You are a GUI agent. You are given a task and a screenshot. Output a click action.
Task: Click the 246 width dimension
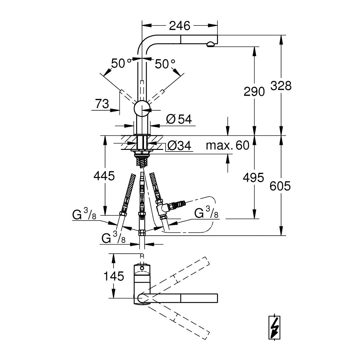tap(180, 26)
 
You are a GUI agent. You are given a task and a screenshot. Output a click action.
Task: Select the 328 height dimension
tap(281, 86)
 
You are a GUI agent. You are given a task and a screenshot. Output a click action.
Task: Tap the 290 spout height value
tap(254, 92)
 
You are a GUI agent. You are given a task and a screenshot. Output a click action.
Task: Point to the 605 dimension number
tap(280, 186)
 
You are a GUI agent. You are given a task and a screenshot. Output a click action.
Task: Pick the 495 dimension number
tap(253, 177)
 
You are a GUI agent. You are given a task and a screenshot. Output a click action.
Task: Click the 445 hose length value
tap(104, 176)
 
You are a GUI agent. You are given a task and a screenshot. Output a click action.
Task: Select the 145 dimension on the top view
tap(114, 276)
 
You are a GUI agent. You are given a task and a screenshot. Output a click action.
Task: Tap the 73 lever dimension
tap(102, 104)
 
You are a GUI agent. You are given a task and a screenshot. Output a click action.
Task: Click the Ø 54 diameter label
tap(179, 119)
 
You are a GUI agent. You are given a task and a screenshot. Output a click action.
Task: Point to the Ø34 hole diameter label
tap(179, 145)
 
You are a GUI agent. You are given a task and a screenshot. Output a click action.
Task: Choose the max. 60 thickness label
tap(227, 145)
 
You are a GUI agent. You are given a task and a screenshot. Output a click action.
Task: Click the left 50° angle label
tap(121, 63)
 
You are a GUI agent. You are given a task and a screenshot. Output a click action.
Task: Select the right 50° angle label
tap(165, 63)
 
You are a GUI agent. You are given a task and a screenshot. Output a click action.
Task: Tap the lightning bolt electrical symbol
tap(274, 328)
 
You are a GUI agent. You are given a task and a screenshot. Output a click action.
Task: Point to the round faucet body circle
tap(142, 109)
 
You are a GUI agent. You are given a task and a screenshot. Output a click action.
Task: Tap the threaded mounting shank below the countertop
tap(142, 162)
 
